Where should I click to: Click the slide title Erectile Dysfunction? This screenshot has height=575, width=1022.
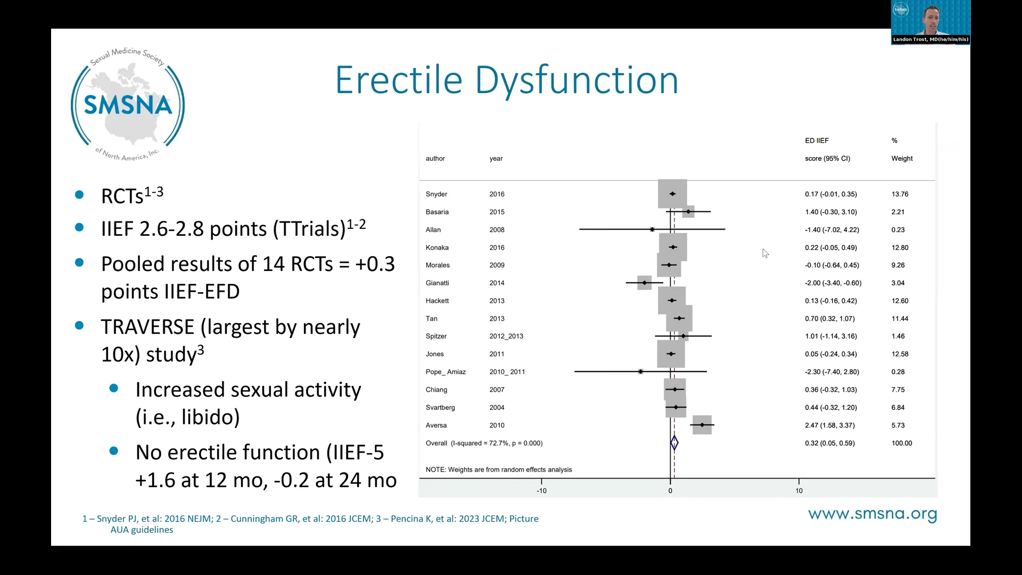point(506,80)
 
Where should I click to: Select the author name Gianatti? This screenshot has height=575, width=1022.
point(437,283)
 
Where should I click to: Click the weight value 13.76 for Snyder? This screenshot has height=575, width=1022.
point(900,194)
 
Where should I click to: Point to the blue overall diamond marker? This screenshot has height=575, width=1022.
point(674,443)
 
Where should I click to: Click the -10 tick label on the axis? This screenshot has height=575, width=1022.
point(541,491)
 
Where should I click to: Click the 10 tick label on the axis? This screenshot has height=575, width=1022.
point(798,491)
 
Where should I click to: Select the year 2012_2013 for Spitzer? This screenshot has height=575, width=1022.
point(506,336)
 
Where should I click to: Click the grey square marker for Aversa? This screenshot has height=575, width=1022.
point(702,425)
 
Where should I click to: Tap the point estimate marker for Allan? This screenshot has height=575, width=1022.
point(652,229)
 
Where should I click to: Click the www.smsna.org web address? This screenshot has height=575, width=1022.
point(872,514)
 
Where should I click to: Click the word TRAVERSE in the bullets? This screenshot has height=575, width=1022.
point(147,327)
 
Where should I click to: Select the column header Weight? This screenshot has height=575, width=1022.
point(902,159)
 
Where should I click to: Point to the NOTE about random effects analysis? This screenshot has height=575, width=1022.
point(498,470)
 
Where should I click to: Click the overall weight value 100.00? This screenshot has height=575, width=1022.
point(901,443)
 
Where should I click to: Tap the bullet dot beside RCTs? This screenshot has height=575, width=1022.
point(79,195)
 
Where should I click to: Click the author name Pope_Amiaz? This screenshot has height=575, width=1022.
point(446,372)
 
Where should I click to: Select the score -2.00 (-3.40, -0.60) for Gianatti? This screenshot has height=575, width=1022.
point(833,283)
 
